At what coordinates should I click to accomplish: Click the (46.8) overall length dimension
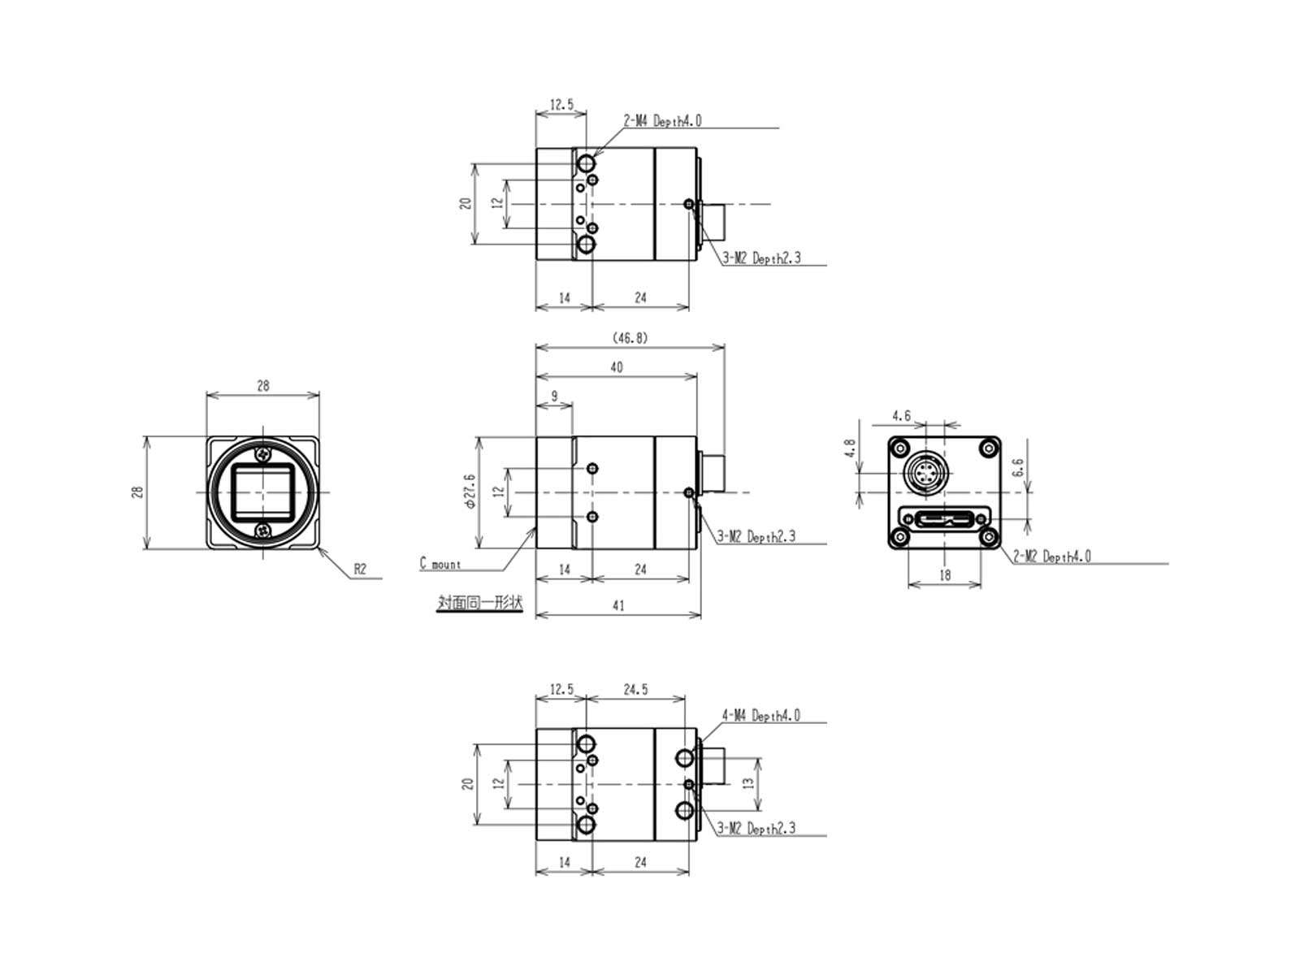630,337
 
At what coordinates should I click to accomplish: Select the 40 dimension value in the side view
616,367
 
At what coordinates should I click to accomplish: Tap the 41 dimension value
617,605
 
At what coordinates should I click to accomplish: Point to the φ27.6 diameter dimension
470,491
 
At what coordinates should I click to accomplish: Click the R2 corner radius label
359,569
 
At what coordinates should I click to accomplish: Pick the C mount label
440,563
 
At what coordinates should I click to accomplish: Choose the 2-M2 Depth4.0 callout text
1051,556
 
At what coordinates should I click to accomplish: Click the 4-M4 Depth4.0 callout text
760,715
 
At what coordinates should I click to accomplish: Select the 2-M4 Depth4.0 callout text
662,121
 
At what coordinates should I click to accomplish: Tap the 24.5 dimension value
635,689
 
